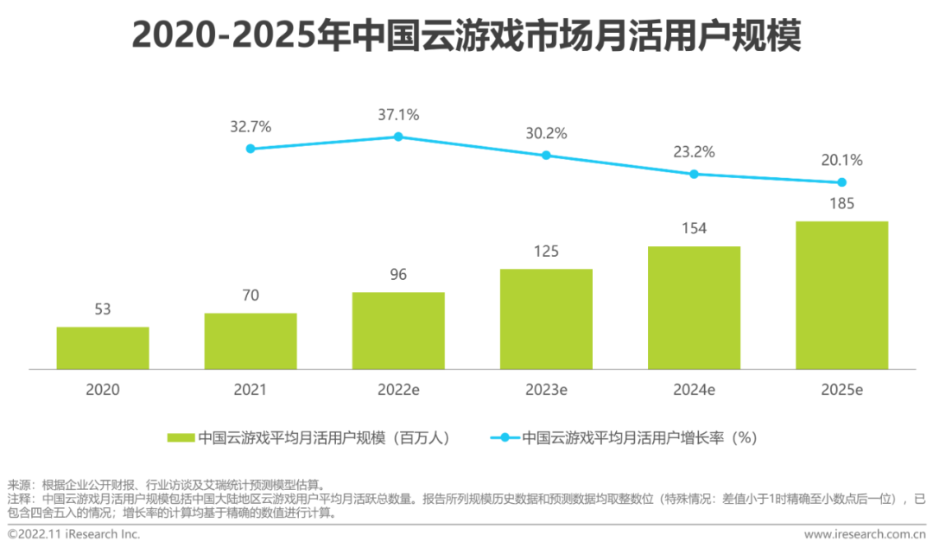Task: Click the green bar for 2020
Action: [103, 348]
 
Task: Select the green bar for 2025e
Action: [841, 296]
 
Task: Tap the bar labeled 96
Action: [398, 331]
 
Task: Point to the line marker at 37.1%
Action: [398, 137]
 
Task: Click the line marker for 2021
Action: [251, 149]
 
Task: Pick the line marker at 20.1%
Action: [841, 182]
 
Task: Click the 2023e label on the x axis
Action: [546, 390]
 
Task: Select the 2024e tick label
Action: [694, 390]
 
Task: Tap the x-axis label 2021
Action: [251, 390]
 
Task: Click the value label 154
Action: [694, 228]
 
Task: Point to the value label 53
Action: [103, 309]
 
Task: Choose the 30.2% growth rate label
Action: [546, 133]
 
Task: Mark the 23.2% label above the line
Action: [694, 152]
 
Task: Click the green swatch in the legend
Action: [181, 438]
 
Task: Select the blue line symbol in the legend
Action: [505, 438]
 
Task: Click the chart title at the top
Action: [466, 36]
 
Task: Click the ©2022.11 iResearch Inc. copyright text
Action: [73, 534]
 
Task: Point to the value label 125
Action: [546, 252]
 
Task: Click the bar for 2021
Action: [251, 341]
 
